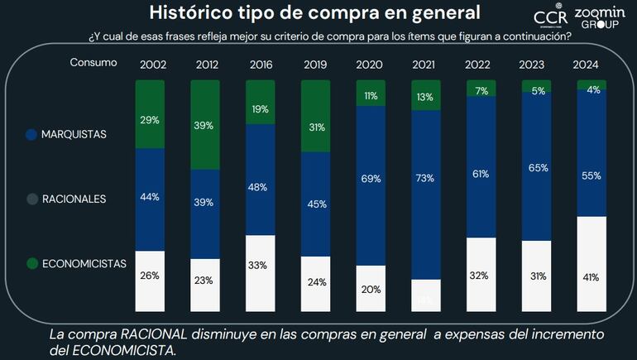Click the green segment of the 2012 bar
coord(204,124)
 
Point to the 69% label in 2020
coord(370,178)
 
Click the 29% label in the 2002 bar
coord(150,121)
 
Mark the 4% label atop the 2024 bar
coord(591,90)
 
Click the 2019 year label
coord(315,65)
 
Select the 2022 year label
coord(481,65)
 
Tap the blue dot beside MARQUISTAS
coord(31,134)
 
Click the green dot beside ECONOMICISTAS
coord(31,264)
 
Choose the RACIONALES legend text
coord(74,199)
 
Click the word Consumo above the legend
coord(93,62)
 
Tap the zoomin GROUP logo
coord(593,17)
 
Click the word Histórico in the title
coord(194,12)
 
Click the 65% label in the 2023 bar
coord(536,168)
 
